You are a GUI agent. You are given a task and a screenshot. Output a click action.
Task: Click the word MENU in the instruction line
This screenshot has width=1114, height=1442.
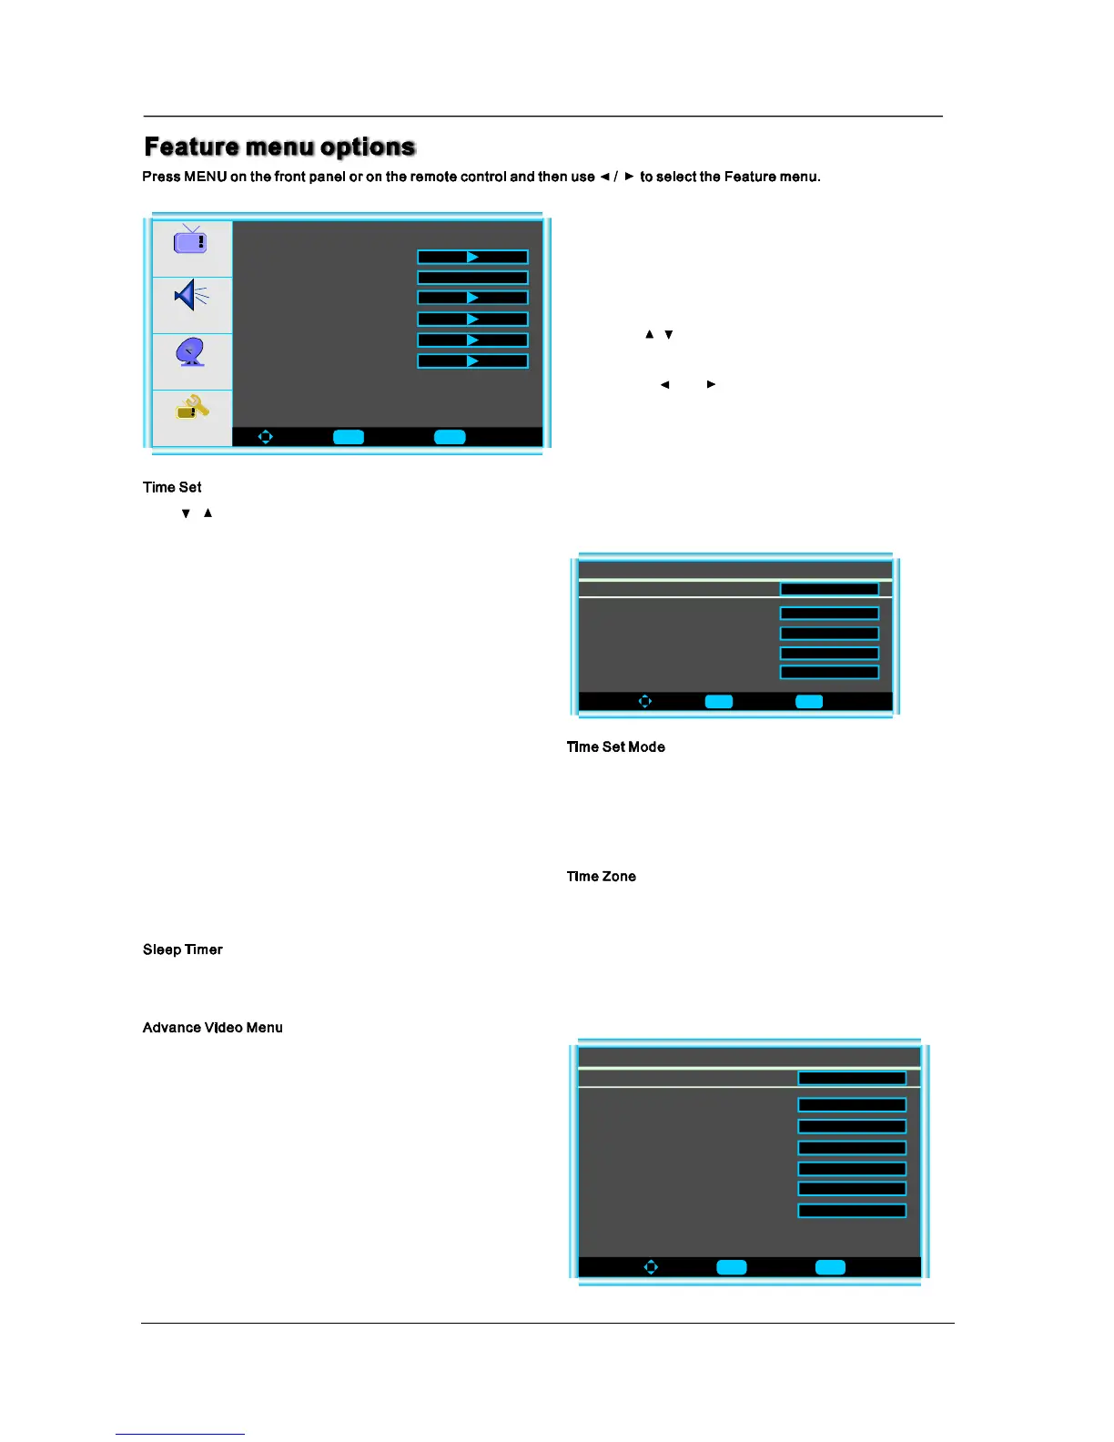coord(205,177)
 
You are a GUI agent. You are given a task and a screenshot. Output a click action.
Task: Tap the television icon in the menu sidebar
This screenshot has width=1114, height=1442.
coord(190,240)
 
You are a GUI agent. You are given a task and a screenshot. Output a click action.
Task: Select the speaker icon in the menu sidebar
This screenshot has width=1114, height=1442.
coord(191,295)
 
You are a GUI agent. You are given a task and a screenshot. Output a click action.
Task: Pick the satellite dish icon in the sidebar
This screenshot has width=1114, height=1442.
coord(191,351)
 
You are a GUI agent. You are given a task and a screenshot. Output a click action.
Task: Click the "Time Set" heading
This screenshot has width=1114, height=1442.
coord(172,488)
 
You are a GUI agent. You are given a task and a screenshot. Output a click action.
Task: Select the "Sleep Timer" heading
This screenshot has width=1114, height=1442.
coord(182,949)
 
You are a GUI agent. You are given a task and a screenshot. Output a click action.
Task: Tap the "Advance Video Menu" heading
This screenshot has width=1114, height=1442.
coord(212,1028)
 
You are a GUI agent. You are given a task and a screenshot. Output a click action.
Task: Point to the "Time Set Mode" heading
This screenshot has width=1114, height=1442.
coord(615,747)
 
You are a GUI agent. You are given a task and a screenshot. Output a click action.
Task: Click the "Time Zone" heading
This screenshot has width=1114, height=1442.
coord(601,877)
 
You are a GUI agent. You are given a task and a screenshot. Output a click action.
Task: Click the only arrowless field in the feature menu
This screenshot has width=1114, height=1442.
coord(472,278)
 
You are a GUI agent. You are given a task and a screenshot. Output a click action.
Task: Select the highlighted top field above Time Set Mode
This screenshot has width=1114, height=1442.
coord(829,589)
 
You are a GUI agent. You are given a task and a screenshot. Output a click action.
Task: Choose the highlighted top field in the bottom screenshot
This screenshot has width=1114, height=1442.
coord(851,1078)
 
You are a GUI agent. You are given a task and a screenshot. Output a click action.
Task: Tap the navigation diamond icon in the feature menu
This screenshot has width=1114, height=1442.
coord(265,437)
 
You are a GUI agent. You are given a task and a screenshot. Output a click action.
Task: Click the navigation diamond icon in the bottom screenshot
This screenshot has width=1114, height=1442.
coord(651,1267)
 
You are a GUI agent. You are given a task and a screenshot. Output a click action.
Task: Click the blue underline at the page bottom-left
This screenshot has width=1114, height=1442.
coord(179,1434)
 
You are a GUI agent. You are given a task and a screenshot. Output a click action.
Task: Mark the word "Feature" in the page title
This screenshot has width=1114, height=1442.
coord(191,147)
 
